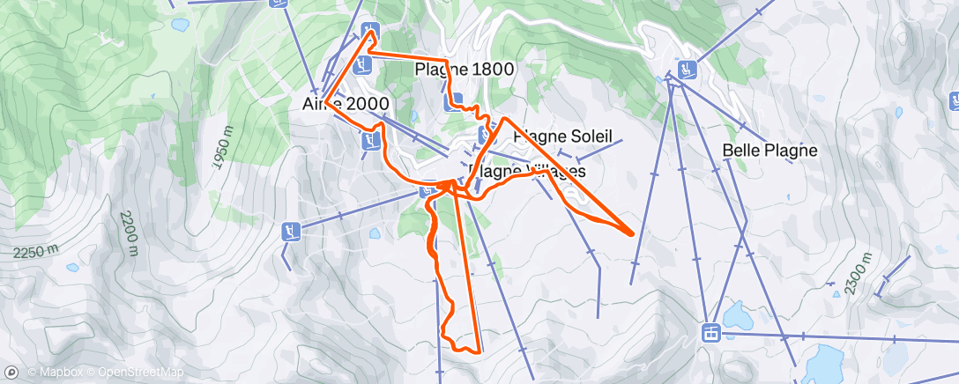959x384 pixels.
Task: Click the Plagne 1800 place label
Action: point(464,70)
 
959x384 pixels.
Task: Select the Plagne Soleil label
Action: point(561,137)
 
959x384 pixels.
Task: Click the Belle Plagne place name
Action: point(769,151)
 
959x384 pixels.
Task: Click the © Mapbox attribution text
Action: point(57,373)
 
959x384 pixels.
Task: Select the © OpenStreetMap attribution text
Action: point(135,373)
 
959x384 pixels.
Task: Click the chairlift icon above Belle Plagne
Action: point(686,68)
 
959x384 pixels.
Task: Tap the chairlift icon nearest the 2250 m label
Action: point(290,232)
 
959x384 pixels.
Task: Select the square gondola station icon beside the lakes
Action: point(710,332)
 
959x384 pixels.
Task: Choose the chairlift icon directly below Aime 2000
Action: point(370,139)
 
